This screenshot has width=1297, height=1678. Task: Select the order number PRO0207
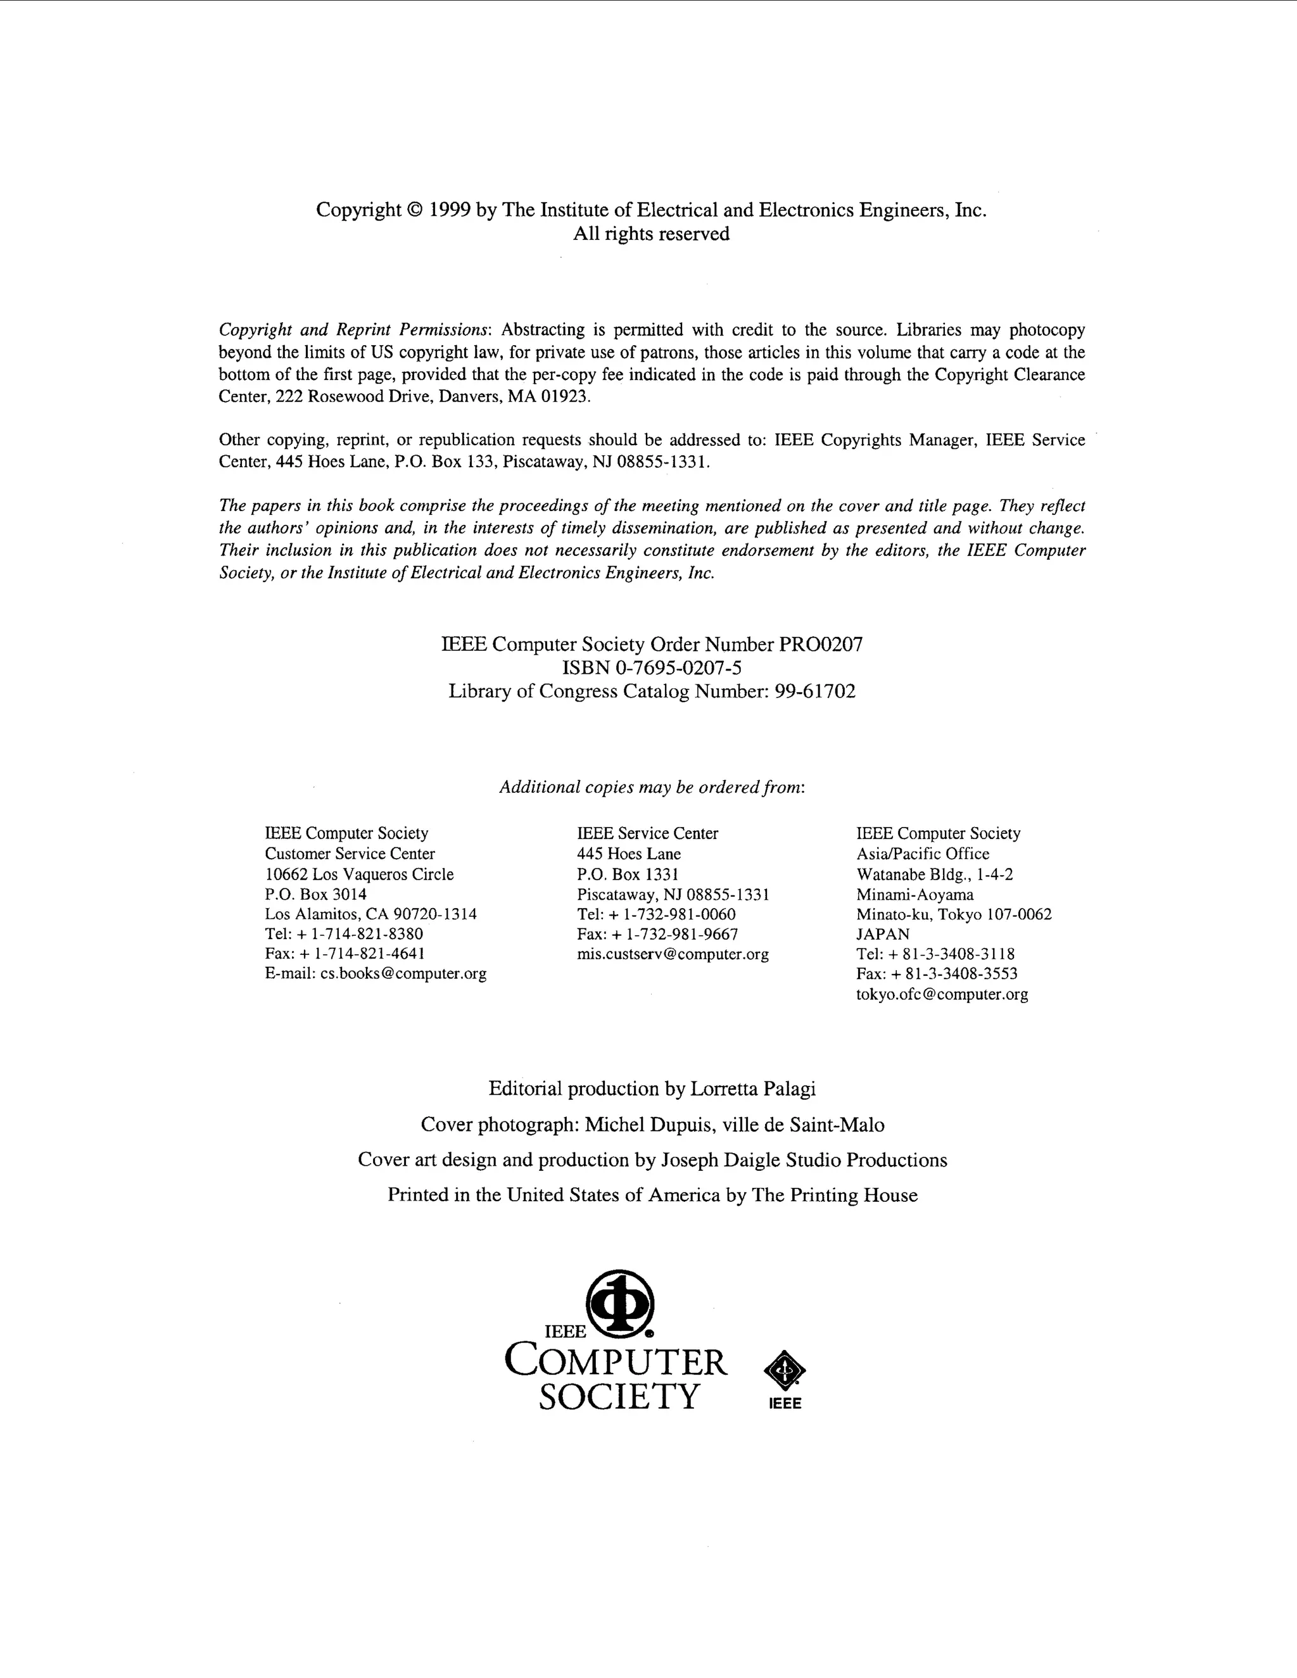(821, 644)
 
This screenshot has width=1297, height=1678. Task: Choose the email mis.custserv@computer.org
(673, 954)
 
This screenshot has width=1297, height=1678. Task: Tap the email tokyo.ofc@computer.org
(941, 994)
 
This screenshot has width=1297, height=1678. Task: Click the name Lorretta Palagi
(752, 1088)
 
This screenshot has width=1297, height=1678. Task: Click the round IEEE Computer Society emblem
(619, 1303)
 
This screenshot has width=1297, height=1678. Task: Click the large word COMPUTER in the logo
(616, 1362)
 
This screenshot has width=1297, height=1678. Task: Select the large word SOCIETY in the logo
(619, 1396)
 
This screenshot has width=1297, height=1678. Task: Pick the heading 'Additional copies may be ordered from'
(652, 788)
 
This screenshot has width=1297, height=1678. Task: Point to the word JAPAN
(883, 934)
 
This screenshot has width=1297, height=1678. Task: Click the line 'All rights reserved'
(651, 234)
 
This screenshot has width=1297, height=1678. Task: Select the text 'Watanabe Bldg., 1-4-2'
(934, 874)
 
